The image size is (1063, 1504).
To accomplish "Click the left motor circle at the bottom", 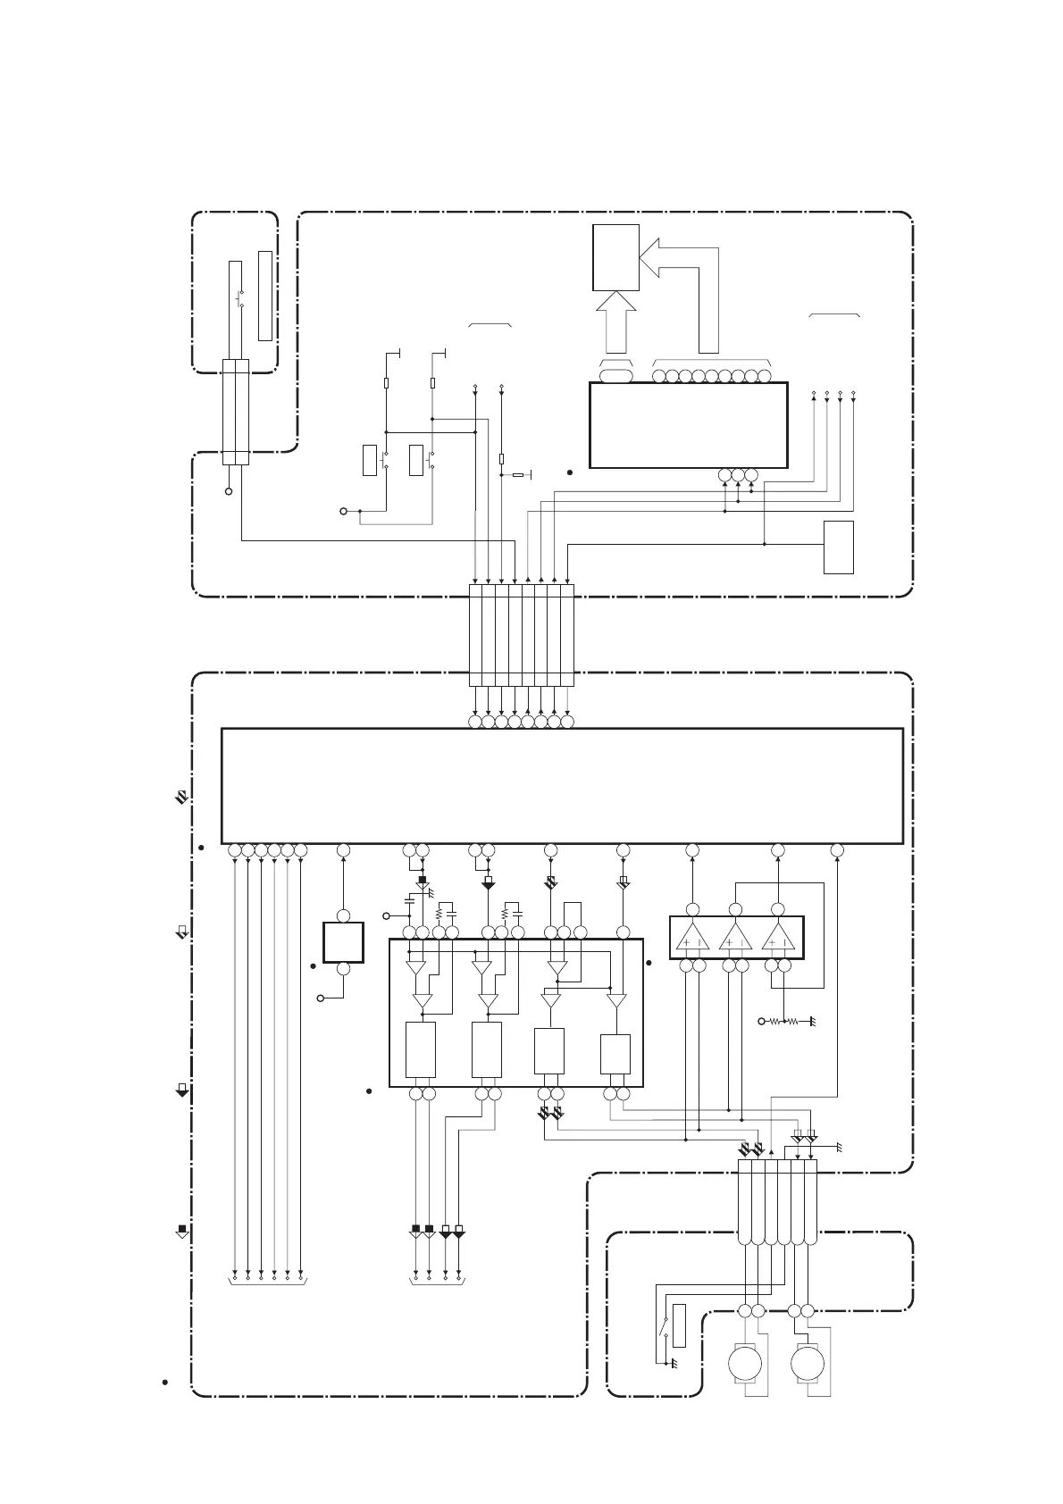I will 742,1364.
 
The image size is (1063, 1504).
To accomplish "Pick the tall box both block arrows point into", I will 615,257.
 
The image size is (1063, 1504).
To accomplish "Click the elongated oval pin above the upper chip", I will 615,376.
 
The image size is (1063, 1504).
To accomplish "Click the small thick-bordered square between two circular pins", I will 343,942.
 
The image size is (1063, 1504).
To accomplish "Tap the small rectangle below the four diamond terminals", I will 839,547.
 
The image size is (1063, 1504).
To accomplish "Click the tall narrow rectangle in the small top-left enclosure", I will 264,296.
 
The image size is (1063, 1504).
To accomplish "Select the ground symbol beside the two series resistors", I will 812,1021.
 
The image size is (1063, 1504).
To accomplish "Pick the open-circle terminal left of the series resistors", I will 762,1021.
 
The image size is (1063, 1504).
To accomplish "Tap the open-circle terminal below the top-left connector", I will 230,492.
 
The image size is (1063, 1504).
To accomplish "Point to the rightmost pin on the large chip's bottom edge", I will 837,850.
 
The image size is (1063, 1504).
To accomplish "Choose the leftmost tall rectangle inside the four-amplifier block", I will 421,1050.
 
